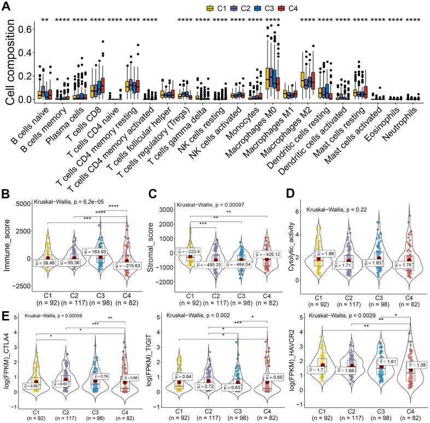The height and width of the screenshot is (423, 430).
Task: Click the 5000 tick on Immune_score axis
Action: [x=30, y=204]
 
